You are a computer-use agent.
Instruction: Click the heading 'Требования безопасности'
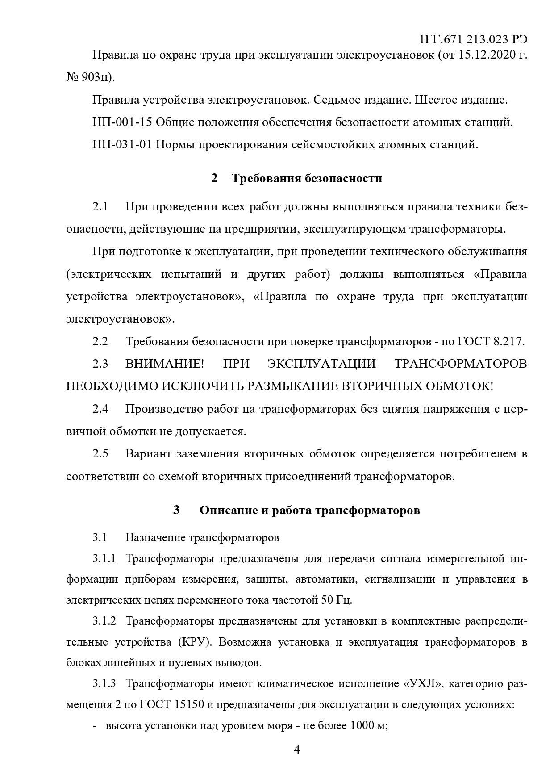[307, 179]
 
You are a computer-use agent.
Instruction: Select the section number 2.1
[100, 207]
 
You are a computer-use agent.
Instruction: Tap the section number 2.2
[100, 342]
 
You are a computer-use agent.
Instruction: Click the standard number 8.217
[508, 342]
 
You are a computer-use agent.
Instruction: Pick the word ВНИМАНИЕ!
[164, 364]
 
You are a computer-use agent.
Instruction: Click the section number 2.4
[100, 409]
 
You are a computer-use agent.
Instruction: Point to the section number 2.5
[100, 454]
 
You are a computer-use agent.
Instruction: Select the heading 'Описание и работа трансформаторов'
[310, 510]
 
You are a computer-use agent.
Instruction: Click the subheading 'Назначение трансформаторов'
[202, 537]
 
